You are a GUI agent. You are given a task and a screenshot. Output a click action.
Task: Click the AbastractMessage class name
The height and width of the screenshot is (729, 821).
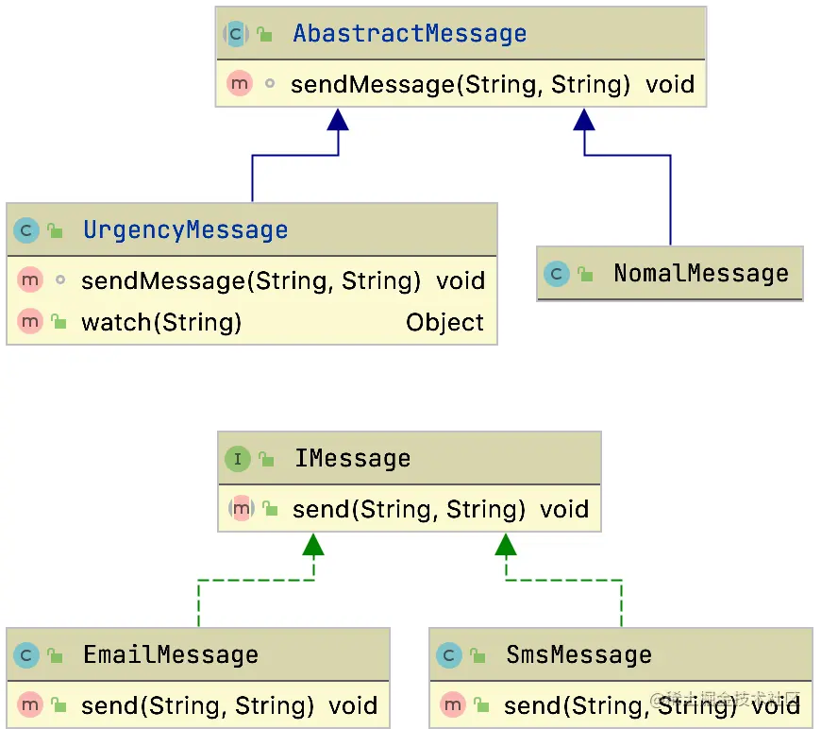pos(410,34)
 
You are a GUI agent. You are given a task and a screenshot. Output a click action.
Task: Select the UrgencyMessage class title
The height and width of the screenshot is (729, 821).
pos(185,230)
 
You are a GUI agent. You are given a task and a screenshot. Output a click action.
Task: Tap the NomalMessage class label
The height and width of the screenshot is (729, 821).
pos(700,274)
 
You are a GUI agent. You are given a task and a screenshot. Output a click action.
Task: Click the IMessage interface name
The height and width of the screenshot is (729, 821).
pos(352,459)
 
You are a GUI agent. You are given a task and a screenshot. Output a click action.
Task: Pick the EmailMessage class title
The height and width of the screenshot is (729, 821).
pos(170,655)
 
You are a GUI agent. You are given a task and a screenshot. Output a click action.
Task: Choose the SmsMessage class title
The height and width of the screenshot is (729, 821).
pos(578,655)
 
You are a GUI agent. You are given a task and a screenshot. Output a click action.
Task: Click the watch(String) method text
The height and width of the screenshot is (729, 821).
pos(161,323)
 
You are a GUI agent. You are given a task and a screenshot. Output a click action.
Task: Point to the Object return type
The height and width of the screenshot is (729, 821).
pos(444,323)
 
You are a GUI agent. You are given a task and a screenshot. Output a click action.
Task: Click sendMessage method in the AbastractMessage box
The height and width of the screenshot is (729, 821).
pos(460,85)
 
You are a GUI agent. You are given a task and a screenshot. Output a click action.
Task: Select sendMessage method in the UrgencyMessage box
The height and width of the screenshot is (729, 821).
pos(250,281)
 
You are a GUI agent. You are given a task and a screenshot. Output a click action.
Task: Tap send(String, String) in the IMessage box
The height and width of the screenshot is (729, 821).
pos(409,510)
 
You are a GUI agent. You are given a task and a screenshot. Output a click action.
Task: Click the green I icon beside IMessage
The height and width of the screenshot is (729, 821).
pos(237,460)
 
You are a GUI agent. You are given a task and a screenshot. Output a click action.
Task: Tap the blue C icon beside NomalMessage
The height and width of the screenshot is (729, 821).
pos(557,275)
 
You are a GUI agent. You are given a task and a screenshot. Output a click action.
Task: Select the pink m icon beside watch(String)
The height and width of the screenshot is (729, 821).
pos(30,323)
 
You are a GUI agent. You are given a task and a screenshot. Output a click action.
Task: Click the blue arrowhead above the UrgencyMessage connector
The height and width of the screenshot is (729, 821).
pos(338,119)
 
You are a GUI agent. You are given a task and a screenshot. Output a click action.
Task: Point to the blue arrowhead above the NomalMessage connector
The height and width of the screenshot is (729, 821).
pos(585,119)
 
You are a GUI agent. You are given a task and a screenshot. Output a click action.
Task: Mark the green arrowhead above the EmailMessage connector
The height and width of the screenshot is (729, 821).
pos(313,544)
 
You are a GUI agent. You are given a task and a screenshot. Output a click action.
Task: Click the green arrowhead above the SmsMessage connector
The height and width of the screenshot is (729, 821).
pos(507,544)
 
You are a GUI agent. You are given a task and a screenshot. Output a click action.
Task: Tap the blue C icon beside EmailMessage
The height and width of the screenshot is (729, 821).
pos(27,655)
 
